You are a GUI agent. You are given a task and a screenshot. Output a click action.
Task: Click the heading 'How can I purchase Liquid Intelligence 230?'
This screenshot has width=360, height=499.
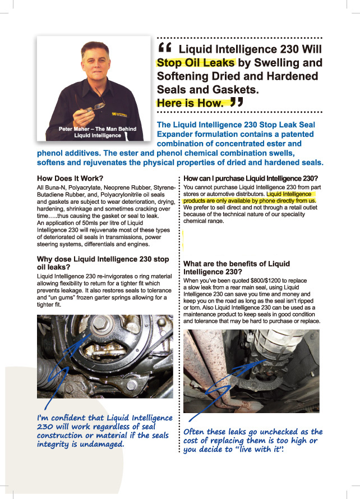250,178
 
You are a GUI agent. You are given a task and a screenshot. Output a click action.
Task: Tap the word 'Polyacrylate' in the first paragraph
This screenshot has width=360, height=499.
84,187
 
